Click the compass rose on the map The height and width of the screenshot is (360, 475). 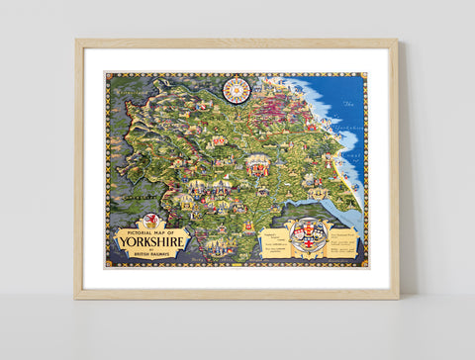pyautogui.click(x=237, y=90)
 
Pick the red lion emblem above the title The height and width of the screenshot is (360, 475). pyautogui.click(x=151, y=221)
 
